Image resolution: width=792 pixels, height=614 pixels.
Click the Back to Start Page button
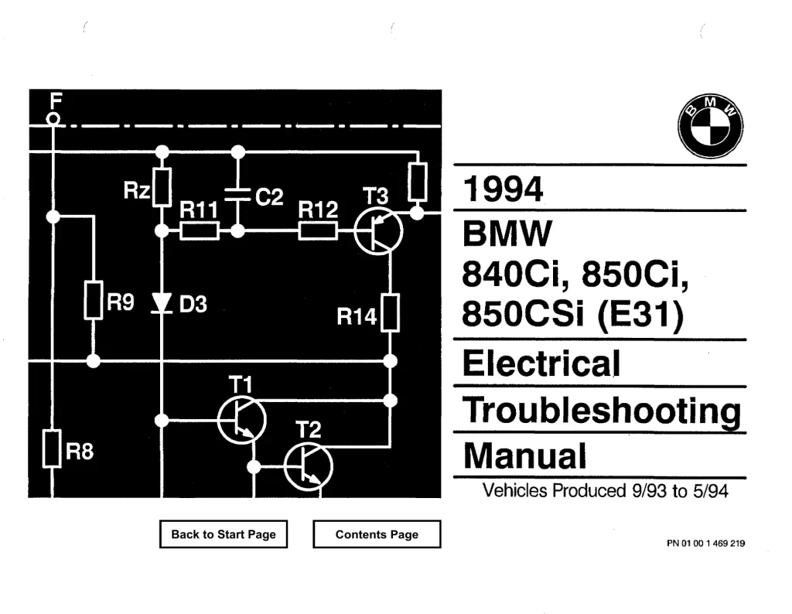pyautogui.click(x=224, y=534)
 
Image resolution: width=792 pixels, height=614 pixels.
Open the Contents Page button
pyautogui.click(x=377, y=534)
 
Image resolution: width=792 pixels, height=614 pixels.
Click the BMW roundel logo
pyautogui.click(x=710, y=126)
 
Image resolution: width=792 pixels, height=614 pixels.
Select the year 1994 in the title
pyautogui.click(x=503, y=189)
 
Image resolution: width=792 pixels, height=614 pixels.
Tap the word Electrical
pyautogui.click(x=541, y=363)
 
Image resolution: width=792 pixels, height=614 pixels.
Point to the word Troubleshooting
pyautogui.click(x=602, y=411)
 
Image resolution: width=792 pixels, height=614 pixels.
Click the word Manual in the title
pyautogui.click(x=525, y=456)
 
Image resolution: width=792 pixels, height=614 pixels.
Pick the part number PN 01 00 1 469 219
pyautogui.click(x=705, y=544)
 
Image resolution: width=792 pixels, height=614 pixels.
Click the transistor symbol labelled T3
pyautogui.click(x=378, y=230)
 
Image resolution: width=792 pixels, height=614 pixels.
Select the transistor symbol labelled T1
pyautogui.click(x=242, y=420)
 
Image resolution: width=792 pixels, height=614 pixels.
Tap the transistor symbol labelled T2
pyautogui.click(x=308, y=467)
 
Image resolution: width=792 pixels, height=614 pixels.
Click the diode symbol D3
pyautogui.click(x=162, y=303)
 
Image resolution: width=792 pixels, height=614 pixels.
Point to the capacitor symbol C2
pyautogui.click(x=237, y=195)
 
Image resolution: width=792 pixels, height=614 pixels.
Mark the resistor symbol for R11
pyautogui.click(x=200, y=230)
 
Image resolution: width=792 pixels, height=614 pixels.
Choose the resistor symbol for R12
pyautogui.click(x=318, y=230)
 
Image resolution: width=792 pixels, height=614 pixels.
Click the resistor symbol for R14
pyautogui.click(x=390, y=312)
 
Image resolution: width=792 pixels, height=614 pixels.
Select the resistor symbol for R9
pyautogui.click(x=94, y=300)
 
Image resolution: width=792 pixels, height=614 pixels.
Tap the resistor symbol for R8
pyautogui.click(x=52, y=449)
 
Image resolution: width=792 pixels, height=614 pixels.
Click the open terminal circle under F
pyautogui.click(x=53, y=119)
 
